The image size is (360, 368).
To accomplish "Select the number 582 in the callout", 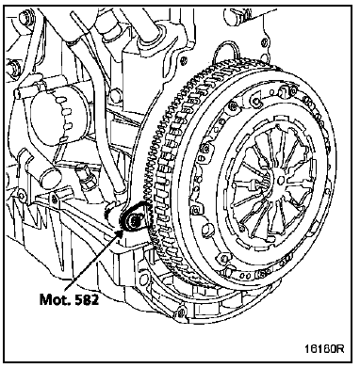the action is (x=86, y=299).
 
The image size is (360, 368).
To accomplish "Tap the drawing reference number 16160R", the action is (x=324, y=348).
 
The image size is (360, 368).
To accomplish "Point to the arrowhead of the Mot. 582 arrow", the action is (x=120, y=233).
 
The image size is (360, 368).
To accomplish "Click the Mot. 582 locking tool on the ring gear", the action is (x=136, y=218).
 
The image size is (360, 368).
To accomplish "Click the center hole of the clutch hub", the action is (x=282, y=180).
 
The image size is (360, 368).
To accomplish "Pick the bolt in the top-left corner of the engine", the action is (x=25, y=17).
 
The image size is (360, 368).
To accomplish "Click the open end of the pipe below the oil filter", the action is (x=50, y=176).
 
